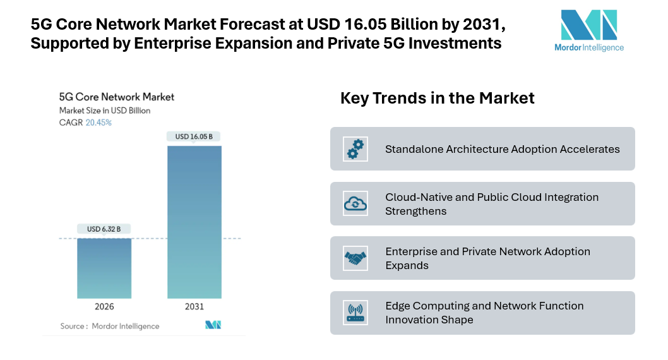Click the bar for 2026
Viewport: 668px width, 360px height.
[x=104, y=268]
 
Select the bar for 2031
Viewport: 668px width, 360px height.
[x=194, y=222]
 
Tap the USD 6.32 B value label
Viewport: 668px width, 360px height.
[x=104, y=229]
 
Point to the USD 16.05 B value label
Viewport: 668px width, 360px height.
[x=194, y=136]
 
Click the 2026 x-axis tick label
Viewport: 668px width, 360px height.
[x=104, y=307]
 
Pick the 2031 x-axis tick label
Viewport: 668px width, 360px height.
[x=194, y=307]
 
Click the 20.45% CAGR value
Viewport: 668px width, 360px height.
[x=98, y=123]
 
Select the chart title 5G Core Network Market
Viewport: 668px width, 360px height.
[x=116, y=97]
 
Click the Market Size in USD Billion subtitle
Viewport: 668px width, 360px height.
[x=105, y=111]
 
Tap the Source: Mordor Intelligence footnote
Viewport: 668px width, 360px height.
[x=110, y=326]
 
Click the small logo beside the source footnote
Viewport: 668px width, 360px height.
[x=213, y=325]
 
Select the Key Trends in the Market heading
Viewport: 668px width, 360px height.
[x=437, y=98]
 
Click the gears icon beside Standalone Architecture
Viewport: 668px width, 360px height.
[x=355, y=149]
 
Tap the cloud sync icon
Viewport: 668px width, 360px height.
[x=355, y=203]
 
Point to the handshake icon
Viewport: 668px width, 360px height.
[x=355, y=258]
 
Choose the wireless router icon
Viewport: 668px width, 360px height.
[x=355, y=313]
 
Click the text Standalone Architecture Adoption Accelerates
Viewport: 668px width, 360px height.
[x=502, y=149]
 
